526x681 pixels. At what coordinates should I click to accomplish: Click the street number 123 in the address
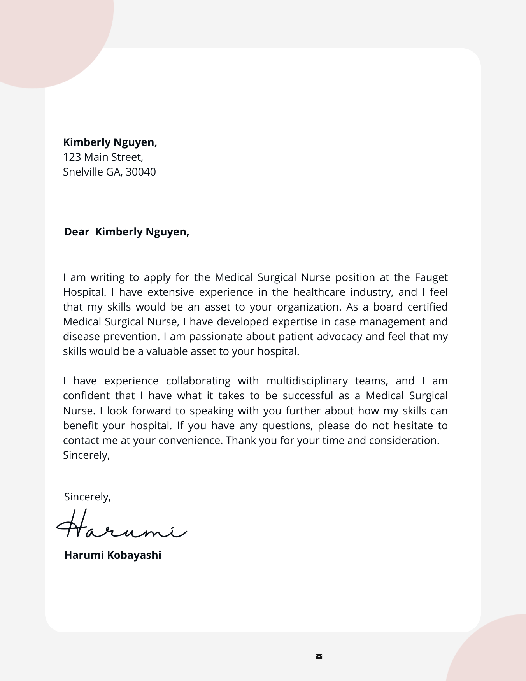(x=72, y=157)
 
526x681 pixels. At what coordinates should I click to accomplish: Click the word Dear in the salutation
(x=77, y=232)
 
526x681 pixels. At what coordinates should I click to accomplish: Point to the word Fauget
(x=431, y=277)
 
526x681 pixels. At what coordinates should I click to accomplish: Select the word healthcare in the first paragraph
(x=319, y=292)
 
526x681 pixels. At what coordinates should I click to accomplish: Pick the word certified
(x=428, y=307)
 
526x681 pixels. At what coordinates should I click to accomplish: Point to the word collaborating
(x=198, y=381)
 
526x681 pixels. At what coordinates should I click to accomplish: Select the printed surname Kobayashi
(x=134, y=555)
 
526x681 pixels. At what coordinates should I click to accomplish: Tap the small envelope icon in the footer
(x=319, y=657)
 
